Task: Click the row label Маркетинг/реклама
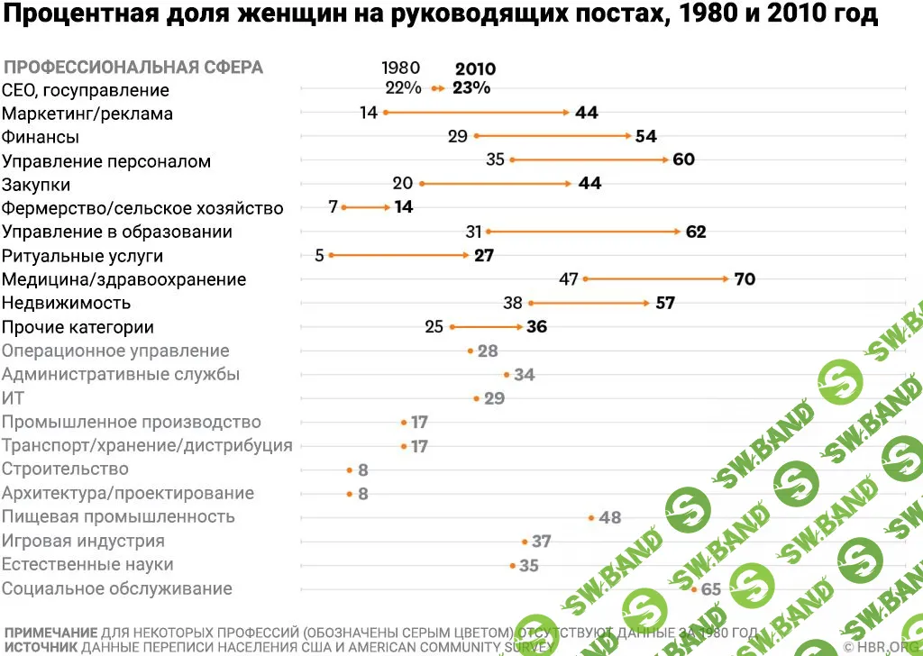pos(87,114)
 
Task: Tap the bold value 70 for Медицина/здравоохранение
pos(745,279)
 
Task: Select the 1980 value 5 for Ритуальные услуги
pos(319,255)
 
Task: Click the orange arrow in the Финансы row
pos(553,136)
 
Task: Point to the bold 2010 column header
pos(475,69)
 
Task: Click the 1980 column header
pos(400,68)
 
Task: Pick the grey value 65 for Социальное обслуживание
pos(710,589)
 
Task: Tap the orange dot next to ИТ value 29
pos(476,397)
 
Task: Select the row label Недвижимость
pos(67,303)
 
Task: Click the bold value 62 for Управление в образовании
pos(696,232)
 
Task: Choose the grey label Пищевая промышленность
pos(118,516)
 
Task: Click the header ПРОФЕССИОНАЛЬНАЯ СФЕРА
pos(134,68)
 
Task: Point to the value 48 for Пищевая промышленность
pos(610,518)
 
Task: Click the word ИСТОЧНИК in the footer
pos(41,647)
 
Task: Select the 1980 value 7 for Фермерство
pos(333,207)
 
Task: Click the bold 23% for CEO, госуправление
pos(471,88)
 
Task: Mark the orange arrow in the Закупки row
pos(496,183)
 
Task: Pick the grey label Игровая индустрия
pos(83,541)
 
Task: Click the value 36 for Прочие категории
pos(536,327)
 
